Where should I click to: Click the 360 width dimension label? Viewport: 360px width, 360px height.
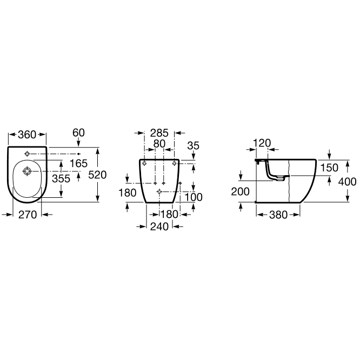pyautogui.click(x=27, y=135)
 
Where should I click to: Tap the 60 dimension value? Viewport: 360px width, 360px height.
pyautogui.click(x=78, y=133)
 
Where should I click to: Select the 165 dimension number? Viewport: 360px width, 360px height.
pyautogui.click(x=78, y=163)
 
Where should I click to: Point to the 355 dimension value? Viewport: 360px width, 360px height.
pyautogui.click(x=61, y=178)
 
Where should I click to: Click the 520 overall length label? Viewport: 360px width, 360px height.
pyautogui.click(x=98, y=175)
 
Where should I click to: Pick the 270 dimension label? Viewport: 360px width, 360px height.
pyautogui.click(x=28, y=215)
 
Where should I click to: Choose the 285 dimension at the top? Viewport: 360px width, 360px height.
pyautogui.click(x=159, y=133)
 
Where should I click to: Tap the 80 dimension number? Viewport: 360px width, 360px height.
pyautogui.click(x=159, y=144)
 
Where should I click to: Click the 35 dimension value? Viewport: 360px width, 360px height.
pyautogui.click(x=194, y=145)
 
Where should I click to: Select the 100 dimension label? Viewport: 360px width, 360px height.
pyautogui.click(x=194, y=197)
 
